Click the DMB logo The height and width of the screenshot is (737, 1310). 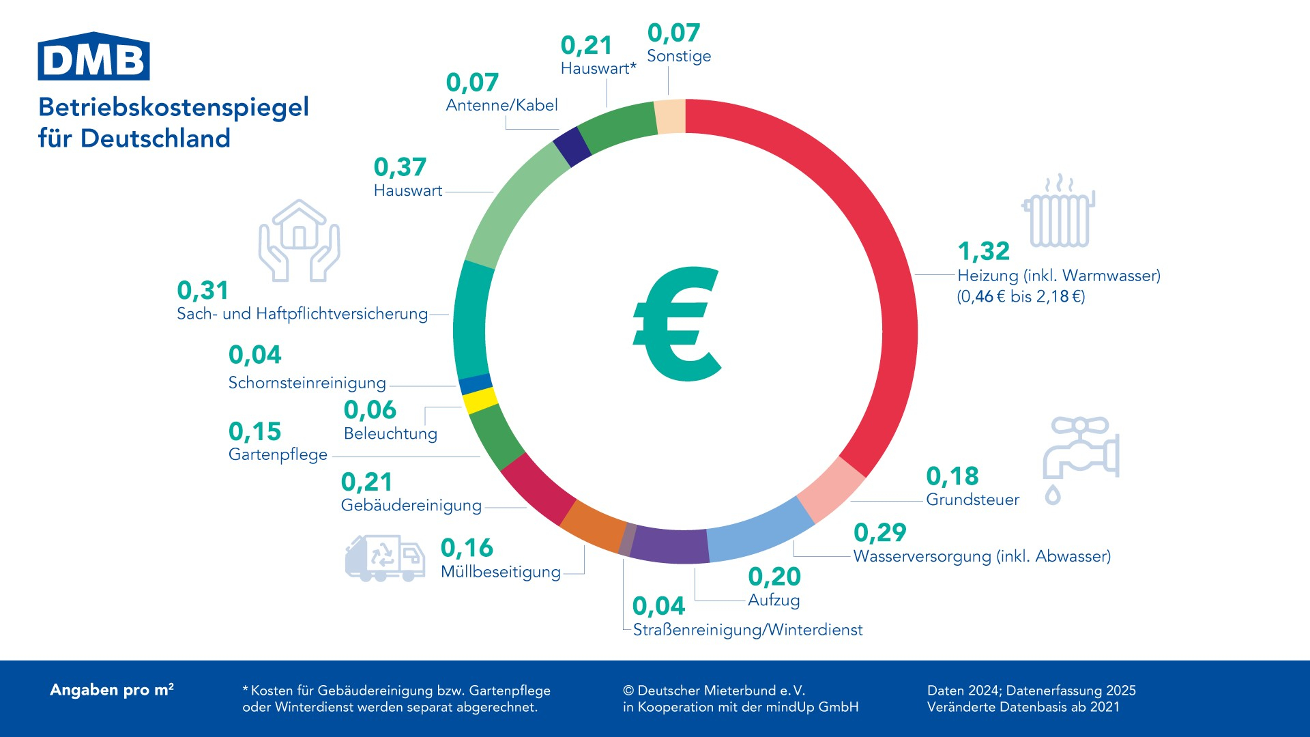tap(93, 57)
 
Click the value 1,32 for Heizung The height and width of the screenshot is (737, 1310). tap(983, 251)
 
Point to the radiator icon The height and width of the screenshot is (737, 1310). tap(1058, 212)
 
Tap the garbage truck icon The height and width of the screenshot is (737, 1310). tap(385, 558)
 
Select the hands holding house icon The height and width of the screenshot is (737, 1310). tap(299, 240)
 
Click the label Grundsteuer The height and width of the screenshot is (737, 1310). tap(972, 500)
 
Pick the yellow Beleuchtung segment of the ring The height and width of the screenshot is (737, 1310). tap(481, 401)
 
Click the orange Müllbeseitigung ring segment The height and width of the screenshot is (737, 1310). tap(592, 525)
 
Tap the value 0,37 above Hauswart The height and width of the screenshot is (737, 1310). tap(400, 167)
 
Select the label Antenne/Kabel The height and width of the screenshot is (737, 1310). tap(501, 105)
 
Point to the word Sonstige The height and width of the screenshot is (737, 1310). tap(679, 56)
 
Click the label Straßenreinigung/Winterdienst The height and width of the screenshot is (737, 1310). tap(748, 630)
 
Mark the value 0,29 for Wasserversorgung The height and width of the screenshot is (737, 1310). tap(879, 532)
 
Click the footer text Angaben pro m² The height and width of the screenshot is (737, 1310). tap(112, 690)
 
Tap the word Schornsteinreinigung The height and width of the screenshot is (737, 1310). tap(307, 383)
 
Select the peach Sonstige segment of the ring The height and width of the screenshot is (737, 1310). tap(670, 116)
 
